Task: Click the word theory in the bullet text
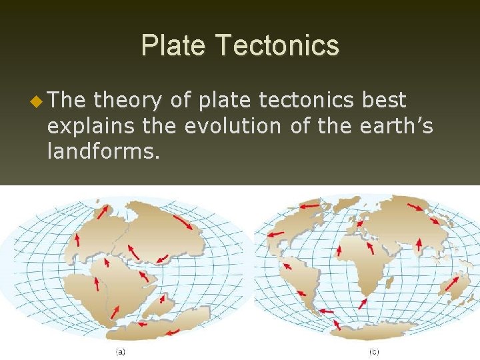tap(127, 101)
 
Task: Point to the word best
tap(383, 101)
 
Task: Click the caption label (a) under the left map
tap(121, 351)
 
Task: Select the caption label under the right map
tap(374, 351)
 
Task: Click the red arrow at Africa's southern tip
tap(362, 303)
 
